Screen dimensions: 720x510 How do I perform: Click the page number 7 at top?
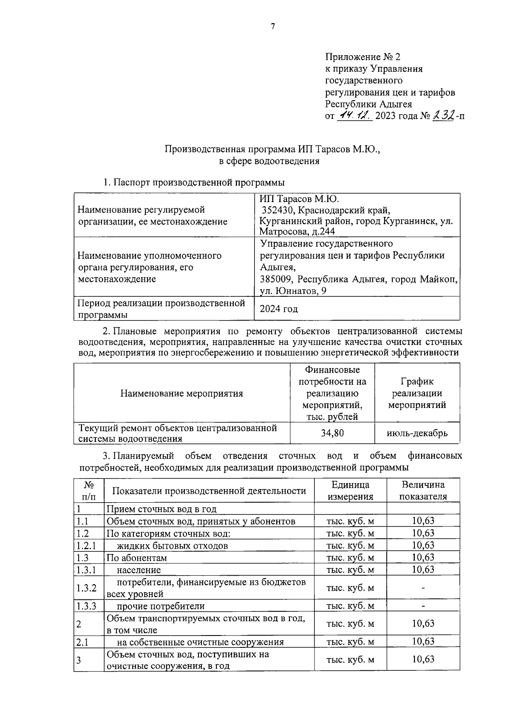(273, 27)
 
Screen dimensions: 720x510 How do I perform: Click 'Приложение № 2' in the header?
(363, 57)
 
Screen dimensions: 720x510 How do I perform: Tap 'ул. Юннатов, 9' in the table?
(293, 291)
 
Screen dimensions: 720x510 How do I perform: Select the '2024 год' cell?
(279, 309)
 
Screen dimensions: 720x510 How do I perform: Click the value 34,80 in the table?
(332, 433)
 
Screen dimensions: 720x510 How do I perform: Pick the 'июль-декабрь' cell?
(417, 433)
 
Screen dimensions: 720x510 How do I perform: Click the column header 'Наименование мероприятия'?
(181, 393)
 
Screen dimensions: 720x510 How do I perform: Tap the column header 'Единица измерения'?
(350, 491)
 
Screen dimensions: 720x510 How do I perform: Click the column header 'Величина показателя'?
(423, 491)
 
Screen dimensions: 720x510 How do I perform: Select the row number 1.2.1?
(86, 546)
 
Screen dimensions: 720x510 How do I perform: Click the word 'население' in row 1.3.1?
(139, 570)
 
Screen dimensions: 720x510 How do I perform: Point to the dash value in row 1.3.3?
(423, 606)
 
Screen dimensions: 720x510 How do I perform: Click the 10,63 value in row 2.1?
(423, 641)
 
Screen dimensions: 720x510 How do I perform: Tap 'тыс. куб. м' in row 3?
(350, 660)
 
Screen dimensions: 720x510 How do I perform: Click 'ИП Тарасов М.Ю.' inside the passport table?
(299, 199)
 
